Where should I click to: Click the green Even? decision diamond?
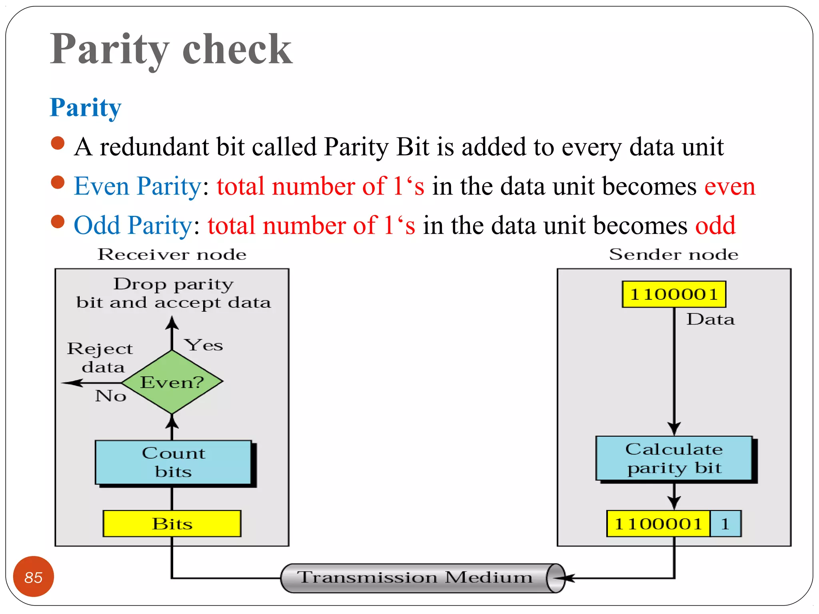172,382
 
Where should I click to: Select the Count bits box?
174,462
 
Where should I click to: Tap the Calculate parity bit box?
674,458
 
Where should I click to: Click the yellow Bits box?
172,523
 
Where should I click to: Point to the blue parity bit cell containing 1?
725,523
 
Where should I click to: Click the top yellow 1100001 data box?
674,294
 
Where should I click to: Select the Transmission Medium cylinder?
422,578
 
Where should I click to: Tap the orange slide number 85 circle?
34,577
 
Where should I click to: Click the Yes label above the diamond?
204,345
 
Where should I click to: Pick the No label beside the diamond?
111,396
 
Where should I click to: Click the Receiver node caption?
172,255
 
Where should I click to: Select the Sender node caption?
673,255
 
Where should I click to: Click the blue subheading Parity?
86,108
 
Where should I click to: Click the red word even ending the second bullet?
730,186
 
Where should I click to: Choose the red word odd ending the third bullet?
715,225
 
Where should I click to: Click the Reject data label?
100,357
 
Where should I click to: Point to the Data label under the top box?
711,319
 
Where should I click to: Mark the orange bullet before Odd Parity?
58,221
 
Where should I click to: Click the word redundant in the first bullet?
154,147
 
